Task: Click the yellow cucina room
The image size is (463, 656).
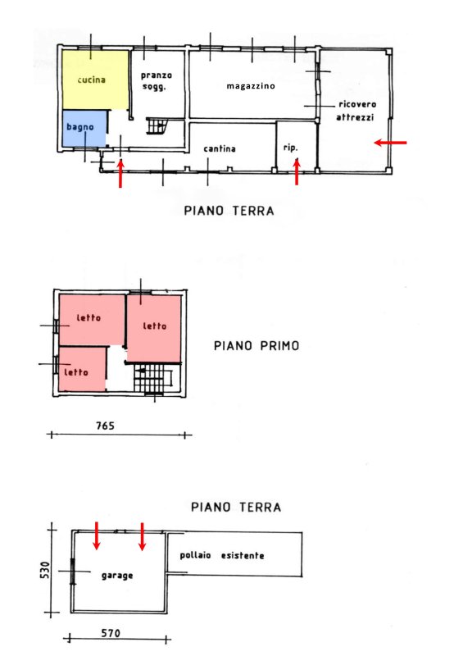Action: pos(95,80)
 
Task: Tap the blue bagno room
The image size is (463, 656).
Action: pos(84,129)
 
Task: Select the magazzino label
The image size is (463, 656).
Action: pos(251,86)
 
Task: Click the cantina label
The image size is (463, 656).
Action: pos(220,148)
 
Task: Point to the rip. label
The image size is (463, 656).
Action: pos(290,148)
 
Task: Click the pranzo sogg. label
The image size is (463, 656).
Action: pos(156,80)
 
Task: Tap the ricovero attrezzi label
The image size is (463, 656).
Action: pos(356,111)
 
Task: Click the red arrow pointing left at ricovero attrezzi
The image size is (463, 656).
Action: pos(390,143)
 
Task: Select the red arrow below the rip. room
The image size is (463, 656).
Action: pos(297,171)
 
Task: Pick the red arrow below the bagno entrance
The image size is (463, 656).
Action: pos(120,174)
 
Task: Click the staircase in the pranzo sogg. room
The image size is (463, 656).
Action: pos(157,126)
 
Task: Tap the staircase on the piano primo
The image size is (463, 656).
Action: pos(153,377)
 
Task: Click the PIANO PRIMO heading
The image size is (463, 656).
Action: pos(256,346)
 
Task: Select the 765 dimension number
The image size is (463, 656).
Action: pos(105,426)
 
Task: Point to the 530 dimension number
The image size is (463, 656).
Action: pos(45,570)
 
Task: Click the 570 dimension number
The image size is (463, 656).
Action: pos(111,633)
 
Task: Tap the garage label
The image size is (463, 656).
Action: pos(117,576)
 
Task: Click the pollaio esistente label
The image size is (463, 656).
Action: pos(222,556)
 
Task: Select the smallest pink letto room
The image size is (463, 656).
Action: pos(82,370)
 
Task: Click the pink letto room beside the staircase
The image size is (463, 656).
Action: pos(154,328)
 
